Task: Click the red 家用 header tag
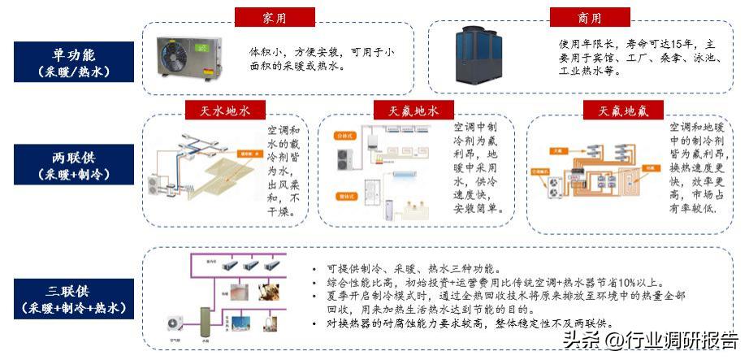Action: pyautogui.click(x=275, y=17)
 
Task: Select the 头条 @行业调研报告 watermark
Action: pyautogui.click(x=652, y=340)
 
